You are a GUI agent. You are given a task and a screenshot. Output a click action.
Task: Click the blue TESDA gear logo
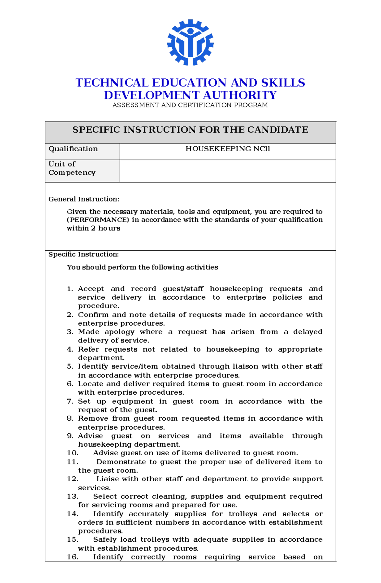[x=190, y=43]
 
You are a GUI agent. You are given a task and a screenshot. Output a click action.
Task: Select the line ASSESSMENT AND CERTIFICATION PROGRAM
[x=190, y=105]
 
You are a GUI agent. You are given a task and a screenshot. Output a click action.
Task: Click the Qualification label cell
[x=73, y=149]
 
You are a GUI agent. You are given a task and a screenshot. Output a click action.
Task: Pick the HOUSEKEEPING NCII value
[x=228, y=149]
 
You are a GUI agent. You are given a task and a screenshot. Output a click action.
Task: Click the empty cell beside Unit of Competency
[x=228, y=171]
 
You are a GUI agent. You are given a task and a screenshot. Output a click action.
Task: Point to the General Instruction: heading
[x=84, y=199]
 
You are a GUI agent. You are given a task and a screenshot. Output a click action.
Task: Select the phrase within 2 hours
[x=93, y=228]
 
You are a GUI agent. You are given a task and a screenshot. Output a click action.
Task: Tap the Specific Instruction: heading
[x=84, y=254]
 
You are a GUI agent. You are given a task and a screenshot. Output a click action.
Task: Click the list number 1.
[x=70, y=289]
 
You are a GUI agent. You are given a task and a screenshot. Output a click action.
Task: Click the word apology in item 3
[x=119, y=332]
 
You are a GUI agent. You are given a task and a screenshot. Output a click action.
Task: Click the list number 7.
[x=70, y=402]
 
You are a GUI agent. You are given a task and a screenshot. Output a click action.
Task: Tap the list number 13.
[x=72, y=497]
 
